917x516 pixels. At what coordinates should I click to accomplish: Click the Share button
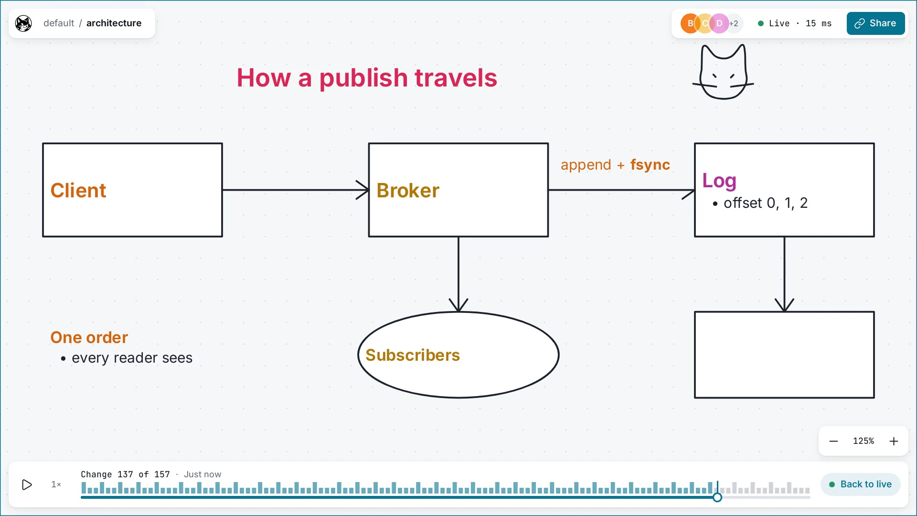pos(875,23)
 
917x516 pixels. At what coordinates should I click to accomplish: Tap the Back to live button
pos(860,484)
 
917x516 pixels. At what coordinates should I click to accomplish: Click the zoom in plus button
pos(894,441)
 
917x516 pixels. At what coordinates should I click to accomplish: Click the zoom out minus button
pos(833,441)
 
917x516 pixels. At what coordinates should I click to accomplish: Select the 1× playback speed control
pos(56,484)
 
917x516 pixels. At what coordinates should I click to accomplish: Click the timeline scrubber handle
pos(717,497)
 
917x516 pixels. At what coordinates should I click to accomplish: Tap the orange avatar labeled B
pos(690,23)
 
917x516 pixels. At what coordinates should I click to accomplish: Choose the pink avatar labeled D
pos(719,23)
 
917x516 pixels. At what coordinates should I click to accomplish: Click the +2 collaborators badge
pos(734,23)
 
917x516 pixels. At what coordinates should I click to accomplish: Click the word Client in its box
pos(78,190)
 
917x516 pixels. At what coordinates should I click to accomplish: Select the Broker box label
pos(408,190)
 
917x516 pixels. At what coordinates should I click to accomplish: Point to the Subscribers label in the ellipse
pos(413,355)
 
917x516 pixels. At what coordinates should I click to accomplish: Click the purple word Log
pos(719,181)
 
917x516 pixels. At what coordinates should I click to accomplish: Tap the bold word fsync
pos(650,164)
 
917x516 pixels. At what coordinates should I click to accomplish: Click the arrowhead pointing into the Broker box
pos(363,190)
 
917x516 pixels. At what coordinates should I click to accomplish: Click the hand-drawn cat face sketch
pos(723,72)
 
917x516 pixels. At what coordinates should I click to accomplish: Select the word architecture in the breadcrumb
pos(114,23)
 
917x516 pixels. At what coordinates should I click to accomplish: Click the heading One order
pos(89,337)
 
